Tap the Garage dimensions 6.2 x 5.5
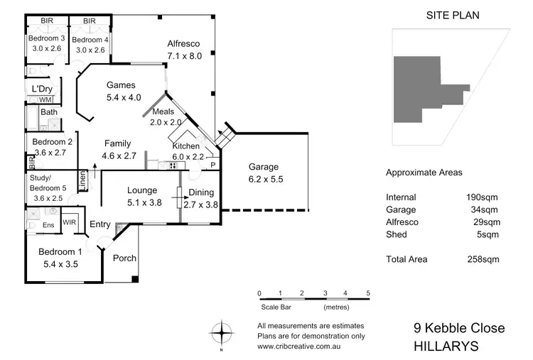(265, 180)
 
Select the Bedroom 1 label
(60, 252)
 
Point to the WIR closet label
(70, 222)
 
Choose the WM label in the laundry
(45, 99)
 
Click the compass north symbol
(222, 332)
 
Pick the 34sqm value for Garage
(484, 209)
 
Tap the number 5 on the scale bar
(368, 293)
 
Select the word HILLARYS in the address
(446, 347)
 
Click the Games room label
(121, 85)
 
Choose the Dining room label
(201, 192)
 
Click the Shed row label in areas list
(396, 234)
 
